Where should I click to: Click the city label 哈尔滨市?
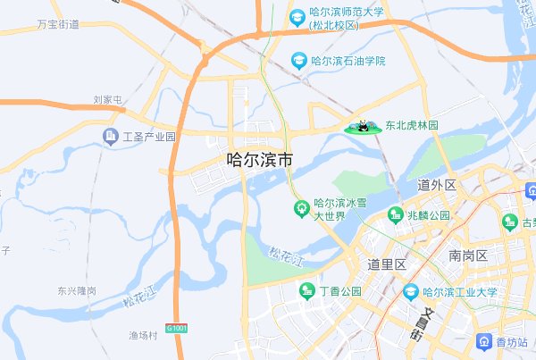[259, 161]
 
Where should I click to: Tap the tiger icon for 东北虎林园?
[364, 128]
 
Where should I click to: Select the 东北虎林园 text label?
[412, 127]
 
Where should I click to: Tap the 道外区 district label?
[437, 185]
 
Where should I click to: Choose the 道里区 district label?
[387, 264]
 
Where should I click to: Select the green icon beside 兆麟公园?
[395, 215]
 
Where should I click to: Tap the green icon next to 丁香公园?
[306, 291]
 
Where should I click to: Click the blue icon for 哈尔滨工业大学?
[410, 292]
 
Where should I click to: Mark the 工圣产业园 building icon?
[110, 137]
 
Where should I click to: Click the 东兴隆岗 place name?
[76, 291]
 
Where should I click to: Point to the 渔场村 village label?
[142, 336]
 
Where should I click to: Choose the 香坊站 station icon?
[483, 341]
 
